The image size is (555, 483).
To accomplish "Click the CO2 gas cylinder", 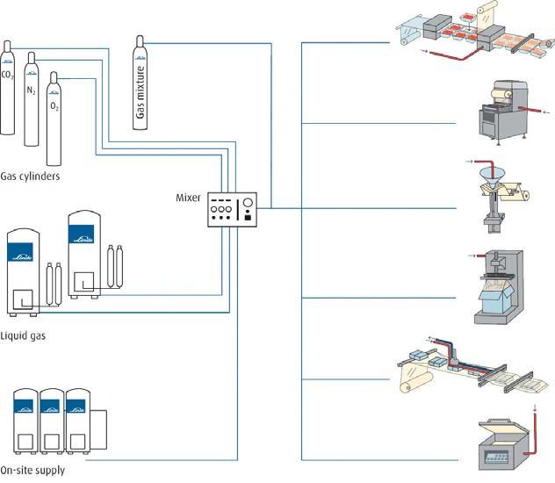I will point(8,88).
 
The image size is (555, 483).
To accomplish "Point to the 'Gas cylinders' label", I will point(30,176).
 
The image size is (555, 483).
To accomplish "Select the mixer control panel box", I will point(232,210).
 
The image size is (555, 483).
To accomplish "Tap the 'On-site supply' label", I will point(32,471).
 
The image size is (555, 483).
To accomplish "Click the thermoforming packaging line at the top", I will point(474,40).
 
